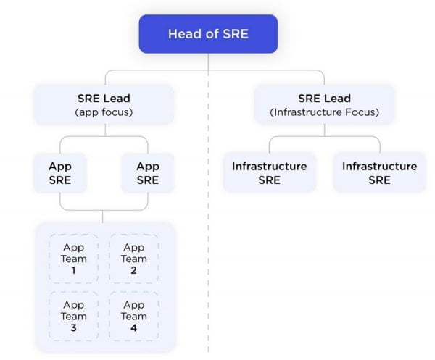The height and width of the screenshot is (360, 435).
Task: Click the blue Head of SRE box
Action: tap(208, 34)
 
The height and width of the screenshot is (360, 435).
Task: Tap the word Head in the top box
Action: tap(183, 34)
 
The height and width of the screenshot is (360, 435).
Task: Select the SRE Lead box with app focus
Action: tap(103, 104)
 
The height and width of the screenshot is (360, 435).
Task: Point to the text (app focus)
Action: tap(103, 112)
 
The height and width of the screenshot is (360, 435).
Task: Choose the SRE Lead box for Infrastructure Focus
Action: tap(324, 104)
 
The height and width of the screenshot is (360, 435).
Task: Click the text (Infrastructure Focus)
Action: tap(324, 112)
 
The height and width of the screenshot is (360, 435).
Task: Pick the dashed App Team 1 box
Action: tap(73, 259)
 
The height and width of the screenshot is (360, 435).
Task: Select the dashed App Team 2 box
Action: tap(133, 259)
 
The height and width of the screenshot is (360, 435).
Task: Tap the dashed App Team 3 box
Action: tap(73, 316)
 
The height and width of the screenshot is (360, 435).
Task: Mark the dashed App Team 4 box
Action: tap(133, 316)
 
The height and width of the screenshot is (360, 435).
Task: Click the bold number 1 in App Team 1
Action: tap(73, 270)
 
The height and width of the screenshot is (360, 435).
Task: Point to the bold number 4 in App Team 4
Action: tap(133, 327)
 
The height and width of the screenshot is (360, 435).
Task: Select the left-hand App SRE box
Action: tap(60, 172)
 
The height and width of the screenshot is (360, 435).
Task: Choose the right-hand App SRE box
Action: tap(148, 172)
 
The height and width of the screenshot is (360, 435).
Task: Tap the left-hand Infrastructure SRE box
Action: tap(269, 172)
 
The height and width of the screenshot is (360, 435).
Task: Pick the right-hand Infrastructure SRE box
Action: tap(379, 172)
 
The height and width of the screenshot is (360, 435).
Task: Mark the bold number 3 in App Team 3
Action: tap(73, 327)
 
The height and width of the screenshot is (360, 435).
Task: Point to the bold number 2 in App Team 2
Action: tap(133, 270)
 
